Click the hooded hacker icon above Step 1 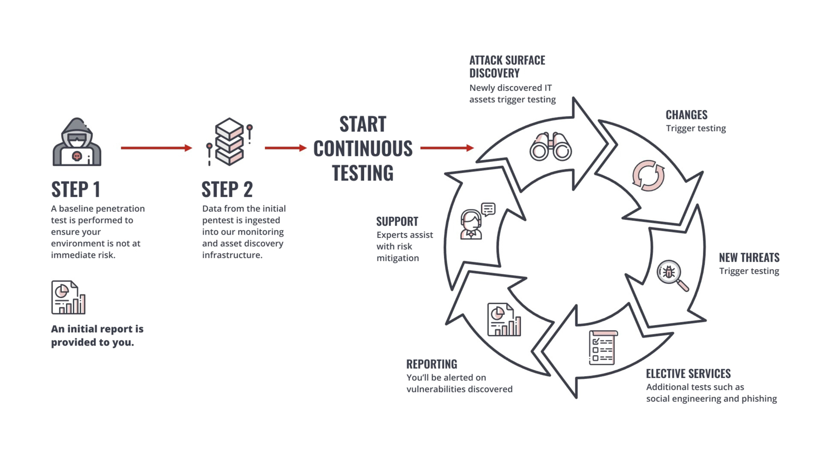pos(77,142)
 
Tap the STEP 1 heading pos(76,190)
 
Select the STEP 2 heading pos(227,190)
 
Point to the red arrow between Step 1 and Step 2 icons pos(157,148)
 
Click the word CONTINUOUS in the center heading pos(363,149)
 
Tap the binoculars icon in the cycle pos(551,147)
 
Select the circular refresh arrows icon pos(648,175)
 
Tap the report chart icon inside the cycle pos(504,319)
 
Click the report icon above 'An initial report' pos(69,297)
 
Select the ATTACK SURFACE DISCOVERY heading pos(507,67)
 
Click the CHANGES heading pos(686,115)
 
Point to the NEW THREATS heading pos(749,258)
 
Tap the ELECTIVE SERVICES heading pos(688,374)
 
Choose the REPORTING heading pos(432,364)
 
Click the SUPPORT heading pos(397,221)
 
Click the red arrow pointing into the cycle pos(447,148)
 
